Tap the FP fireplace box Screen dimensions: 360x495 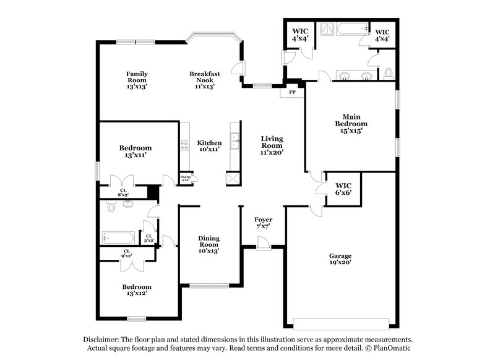[292, 92]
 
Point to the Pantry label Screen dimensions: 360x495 [185, 178]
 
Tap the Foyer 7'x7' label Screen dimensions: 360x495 [263, 223]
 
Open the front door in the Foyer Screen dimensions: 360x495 [263, 246]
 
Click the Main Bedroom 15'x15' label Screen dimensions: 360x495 [351, 123]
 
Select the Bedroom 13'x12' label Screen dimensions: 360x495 [136, 290]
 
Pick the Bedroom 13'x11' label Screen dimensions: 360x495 [136, 152]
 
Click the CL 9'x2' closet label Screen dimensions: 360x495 [126, 253]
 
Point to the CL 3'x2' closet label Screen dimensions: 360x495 [148, 237]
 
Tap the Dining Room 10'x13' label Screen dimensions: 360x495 [209, 244]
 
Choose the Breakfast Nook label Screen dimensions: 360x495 [205, 80]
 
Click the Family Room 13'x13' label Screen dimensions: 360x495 [137, 80]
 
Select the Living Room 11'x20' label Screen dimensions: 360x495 [272, 145]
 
